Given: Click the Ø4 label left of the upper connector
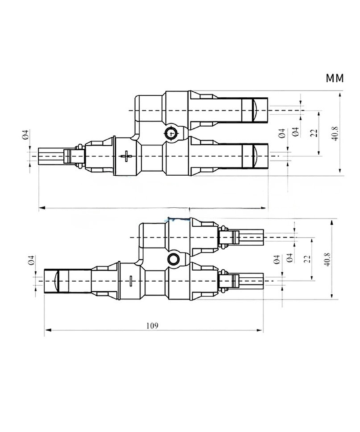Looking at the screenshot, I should pos(24,135).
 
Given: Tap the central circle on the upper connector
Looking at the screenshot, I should pos(172,134).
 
